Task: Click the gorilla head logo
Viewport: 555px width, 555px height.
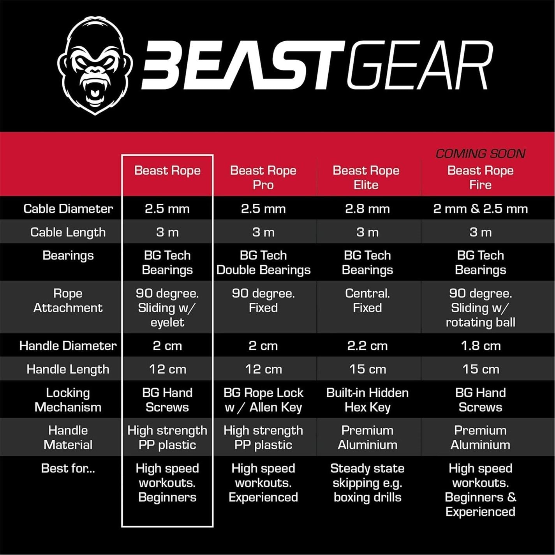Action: [x=95, y=65]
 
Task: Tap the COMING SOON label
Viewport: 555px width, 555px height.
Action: [x=480, y=153]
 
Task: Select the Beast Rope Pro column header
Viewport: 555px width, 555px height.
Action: [x=263, y=177]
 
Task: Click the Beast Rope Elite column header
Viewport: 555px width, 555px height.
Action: [x=366, y=177]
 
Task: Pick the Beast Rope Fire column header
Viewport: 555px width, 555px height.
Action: [x=480, y=177]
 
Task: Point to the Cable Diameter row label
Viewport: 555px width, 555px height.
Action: [x=68, y=209]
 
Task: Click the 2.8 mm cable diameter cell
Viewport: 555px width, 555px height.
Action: [x=367, y=209]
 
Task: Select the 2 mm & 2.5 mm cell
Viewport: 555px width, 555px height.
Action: [x=480, y=209]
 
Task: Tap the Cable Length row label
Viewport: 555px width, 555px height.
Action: [x=68, y=232]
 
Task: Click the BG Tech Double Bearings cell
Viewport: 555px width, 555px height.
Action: [x=263, y=263]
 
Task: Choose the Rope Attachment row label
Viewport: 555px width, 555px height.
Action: [x=68, y=300]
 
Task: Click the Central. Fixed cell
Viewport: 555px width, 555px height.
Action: [x=367, y=300]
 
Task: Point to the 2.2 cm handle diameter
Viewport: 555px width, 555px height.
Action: [x=367, y=345]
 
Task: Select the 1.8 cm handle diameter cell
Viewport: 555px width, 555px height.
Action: [x=480, y=345]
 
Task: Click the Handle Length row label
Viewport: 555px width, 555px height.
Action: [x=68, y=369]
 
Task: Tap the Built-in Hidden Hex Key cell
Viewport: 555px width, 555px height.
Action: [x=367, y=400]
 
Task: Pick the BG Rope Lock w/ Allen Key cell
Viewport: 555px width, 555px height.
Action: [x=263, y=400]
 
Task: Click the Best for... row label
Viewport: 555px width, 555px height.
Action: [x=68, y=468]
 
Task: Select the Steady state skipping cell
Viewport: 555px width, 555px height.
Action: [x=367, y=483]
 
